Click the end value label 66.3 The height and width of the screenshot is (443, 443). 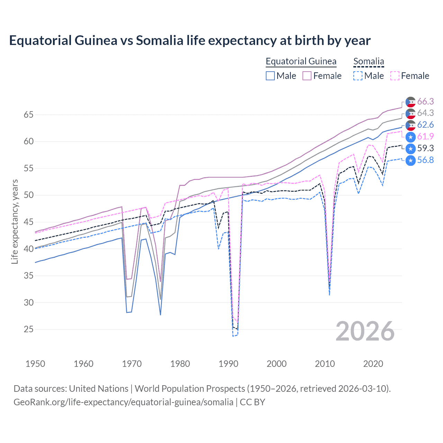click(425, 101)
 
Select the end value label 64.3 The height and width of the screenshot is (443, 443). click(425, 113)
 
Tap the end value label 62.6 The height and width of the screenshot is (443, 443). click(425, 125)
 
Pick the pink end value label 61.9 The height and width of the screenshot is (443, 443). click(425, 137)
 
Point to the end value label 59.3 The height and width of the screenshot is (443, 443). click(425, 148)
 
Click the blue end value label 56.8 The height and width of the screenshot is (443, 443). click(425, 160)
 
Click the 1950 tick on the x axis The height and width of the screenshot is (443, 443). click(35, 364)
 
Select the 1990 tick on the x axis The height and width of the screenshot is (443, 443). click(228, 364)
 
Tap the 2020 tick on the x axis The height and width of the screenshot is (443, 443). click(373, 364)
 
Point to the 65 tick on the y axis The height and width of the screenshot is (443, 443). click(28, 115)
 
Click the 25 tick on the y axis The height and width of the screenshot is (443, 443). click(28, 329)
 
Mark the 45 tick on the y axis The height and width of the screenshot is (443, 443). click(28, 222)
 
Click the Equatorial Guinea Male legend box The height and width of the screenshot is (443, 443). click(270, 76)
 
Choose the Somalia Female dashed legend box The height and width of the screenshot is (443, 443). click(395, 76)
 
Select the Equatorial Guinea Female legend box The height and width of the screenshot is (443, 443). click(307, 76)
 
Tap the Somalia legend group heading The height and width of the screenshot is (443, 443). click(369, 62)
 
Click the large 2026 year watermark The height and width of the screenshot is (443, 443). click(365, 331)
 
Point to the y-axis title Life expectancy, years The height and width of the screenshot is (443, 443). click(15, 221)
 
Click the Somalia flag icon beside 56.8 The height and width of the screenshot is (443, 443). click(410, 161)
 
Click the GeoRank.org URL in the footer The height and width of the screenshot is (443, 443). click(123, 402)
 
